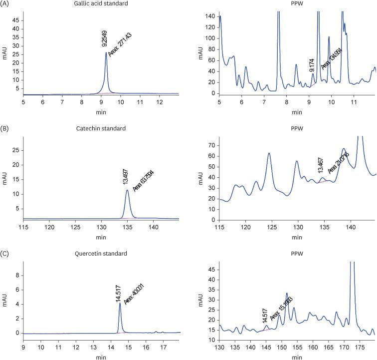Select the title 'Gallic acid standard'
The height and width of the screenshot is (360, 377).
101,4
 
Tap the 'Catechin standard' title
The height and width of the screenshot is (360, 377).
101,128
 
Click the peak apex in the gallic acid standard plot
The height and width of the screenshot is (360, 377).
106,52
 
